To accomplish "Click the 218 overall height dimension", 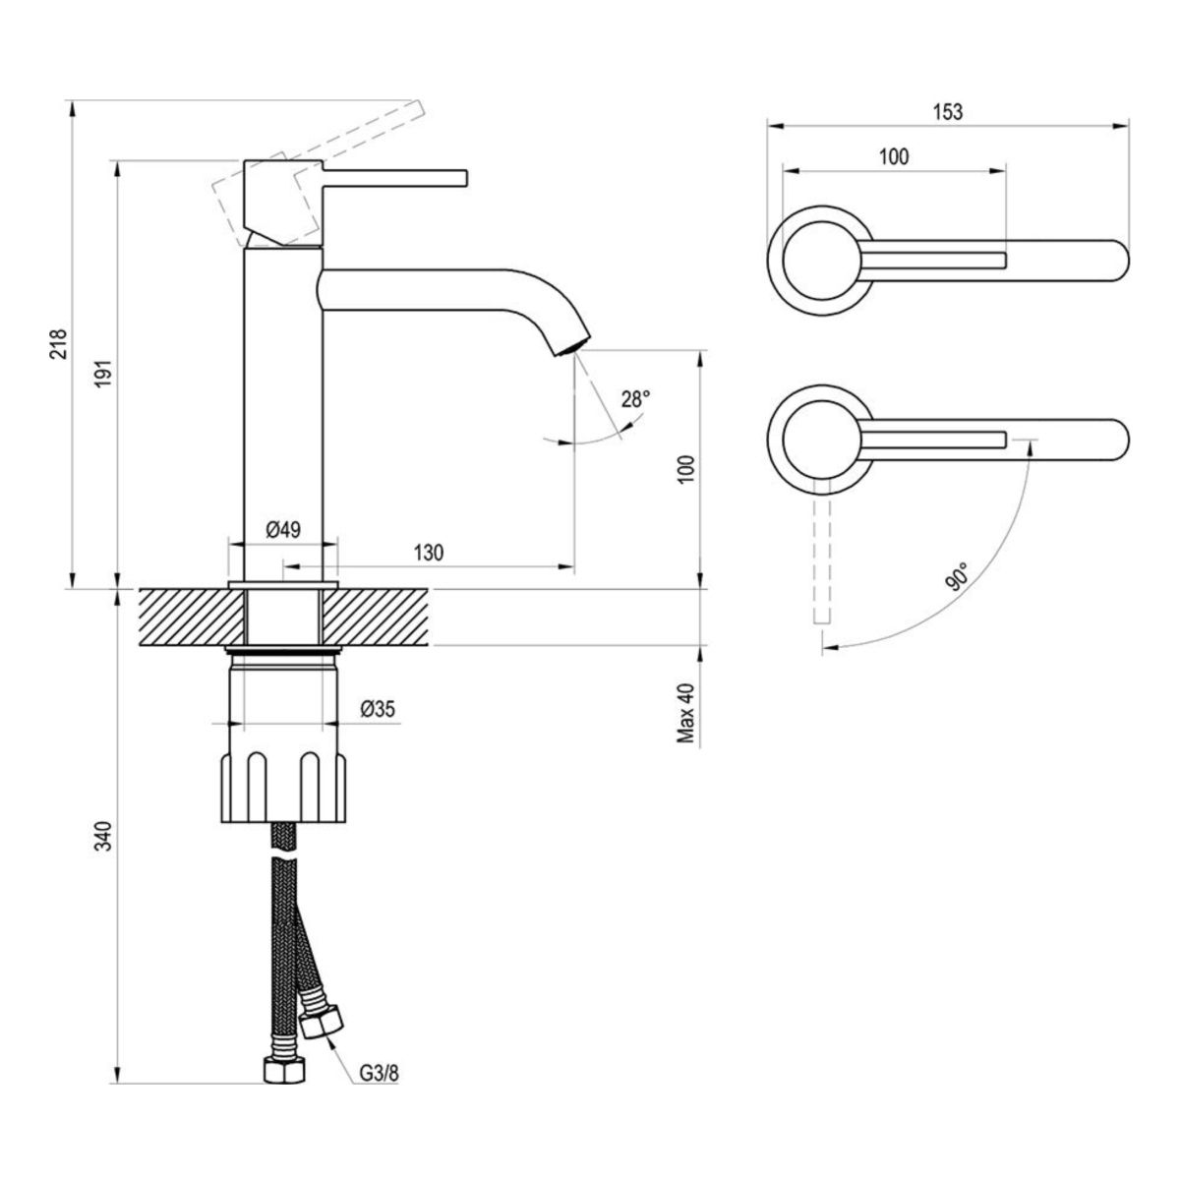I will [59, 343].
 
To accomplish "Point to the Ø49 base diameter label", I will [283, 529].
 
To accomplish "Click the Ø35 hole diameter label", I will [378, 708].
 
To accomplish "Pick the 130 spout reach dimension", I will [428, 553].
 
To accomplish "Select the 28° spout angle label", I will [635, 399].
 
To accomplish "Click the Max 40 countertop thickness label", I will [685, 713].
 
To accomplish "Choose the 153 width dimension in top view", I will [946, 111].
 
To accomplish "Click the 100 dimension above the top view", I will [893, 156].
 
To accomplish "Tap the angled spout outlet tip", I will [571, 345].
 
